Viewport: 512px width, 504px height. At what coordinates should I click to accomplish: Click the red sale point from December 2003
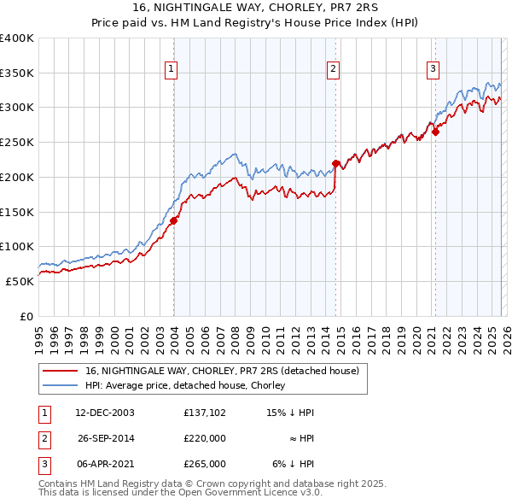[x=173, y=220]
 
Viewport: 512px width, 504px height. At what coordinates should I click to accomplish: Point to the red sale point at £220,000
[x=335, y=163]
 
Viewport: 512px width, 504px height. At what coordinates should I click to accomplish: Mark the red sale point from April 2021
[x=434, y=132]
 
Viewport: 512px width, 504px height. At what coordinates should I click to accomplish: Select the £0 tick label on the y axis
[x=26, y=316]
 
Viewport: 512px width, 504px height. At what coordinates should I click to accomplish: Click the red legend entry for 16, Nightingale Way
[x=227, y=371]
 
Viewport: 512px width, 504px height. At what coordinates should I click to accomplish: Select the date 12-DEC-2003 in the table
[x=105, y=413]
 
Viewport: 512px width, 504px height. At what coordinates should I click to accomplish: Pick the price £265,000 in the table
[x=204, y=464]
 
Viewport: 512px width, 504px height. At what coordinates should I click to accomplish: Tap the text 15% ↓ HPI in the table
[x=291, y=413]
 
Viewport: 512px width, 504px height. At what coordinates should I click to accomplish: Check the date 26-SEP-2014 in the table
[x=105, y=438]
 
